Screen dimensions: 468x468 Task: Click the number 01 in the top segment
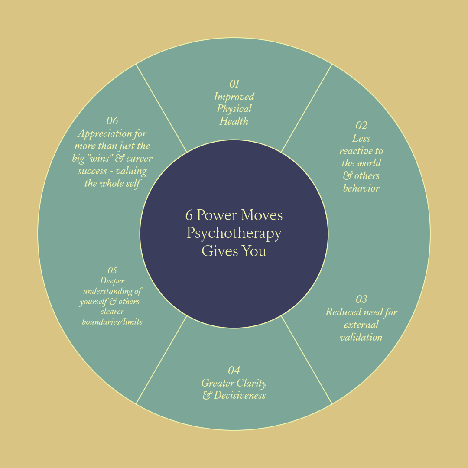(x=234, y=84)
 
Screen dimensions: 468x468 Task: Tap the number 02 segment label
(x=361, y=126)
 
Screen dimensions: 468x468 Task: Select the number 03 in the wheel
(x=361, y=299)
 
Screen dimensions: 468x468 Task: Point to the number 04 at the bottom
(x=234, y=370)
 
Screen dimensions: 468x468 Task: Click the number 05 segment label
(x=112, y=270)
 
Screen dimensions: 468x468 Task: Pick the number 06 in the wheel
(x=112, y=120)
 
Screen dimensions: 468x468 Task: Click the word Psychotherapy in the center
(x=234, y=233)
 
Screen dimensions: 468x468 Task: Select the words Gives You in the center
(x=234, y=251)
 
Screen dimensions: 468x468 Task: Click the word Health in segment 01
(x=234, y=121)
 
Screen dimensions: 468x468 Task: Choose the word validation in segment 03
(x=361, y=337)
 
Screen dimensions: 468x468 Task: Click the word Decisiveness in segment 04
(x=239, y=395)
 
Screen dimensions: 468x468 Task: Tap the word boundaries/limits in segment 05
(x=112, y=322)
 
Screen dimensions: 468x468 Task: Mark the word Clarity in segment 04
(x=250, y=383)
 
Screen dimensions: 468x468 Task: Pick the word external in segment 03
(x=361, y=325)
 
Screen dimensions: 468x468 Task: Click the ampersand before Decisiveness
(x=207, y=395)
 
